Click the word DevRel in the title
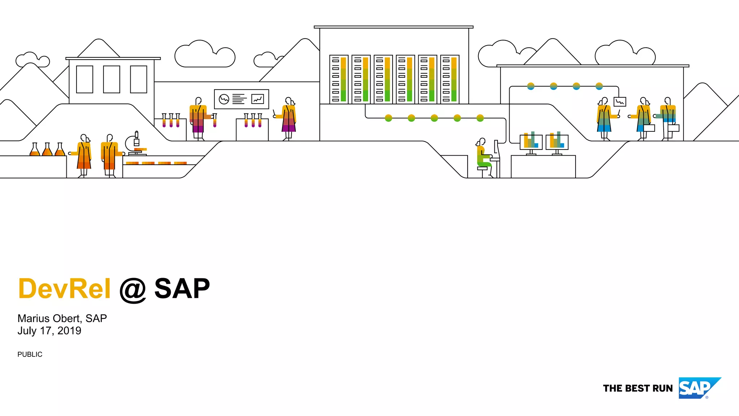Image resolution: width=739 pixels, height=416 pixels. (64, 289)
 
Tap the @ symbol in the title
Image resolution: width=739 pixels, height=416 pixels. (132, 290)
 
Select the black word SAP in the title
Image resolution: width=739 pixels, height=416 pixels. (182, 289)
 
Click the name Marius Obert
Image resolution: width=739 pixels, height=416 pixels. (51, 318)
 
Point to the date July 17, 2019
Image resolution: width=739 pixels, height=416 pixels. (49, 331)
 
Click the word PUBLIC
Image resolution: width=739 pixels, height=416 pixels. (30, 355)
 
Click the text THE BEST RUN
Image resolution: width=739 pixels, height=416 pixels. (638, 389)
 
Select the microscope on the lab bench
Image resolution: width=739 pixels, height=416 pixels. (134, 144)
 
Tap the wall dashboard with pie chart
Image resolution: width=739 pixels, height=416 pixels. (241, 99)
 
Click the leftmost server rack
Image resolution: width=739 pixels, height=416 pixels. (339, 79)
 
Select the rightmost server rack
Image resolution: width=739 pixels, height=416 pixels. (450, 79)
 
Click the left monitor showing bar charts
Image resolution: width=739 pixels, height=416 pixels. (531, 142)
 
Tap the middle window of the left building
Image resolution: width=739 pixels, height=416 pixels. (111, 79)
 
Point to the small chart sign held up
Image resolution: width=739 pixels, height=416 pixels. (620, 102)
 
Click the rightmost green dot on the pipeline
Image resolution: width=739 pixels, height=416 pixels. (480, 118)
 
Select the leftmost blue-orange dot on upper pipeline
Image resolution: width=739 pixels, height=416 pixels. (531, 86)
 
